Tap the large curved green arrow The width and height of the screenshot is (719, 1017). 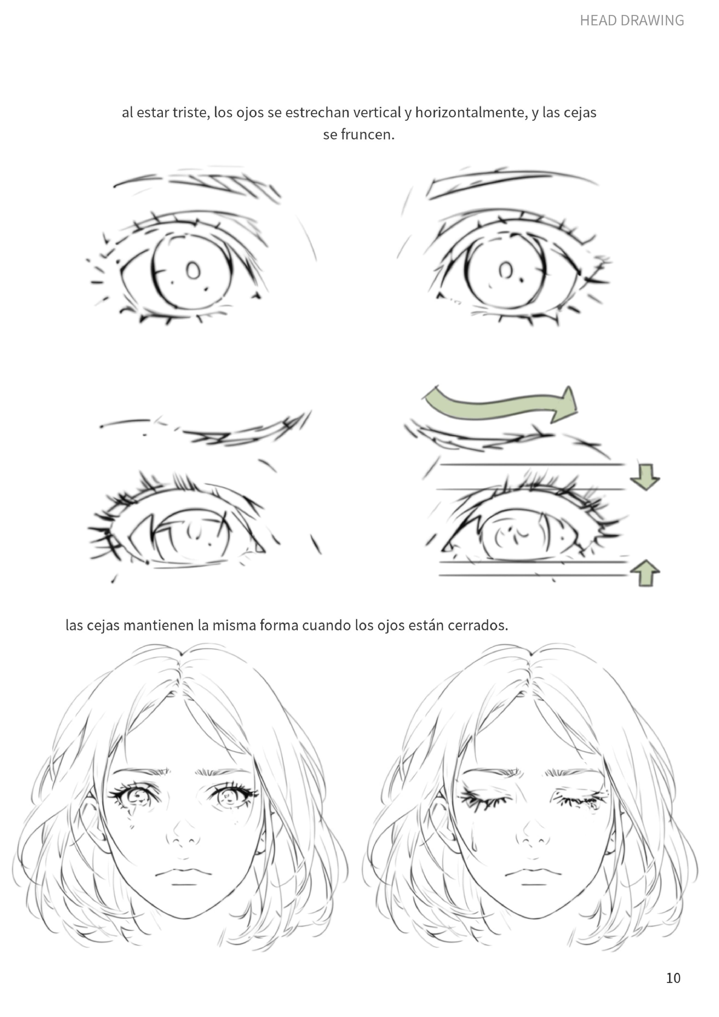501,404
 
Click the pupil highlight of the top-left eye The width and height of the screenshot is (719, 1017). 193,270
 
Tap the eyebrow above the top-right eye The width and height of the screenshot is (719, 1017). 509,182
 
